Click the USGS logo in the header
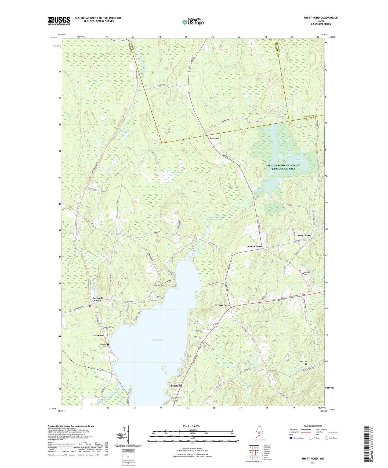[59, 21]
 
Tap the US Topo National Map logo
[193, 22]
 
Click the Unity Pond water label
[157, 340]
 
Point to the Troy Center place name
[304, 235]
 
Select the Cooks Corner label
[254, 246]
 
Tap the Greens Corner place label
[223, 305]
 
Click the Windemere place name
[175, 386]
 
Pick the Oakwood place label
[99, 336]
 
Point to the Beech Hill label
[215, 139]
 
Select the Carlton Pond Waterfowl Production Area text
[284, 167]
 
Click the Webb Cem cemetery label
[303, 362]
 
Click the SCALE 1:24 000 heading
[191, 426]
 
